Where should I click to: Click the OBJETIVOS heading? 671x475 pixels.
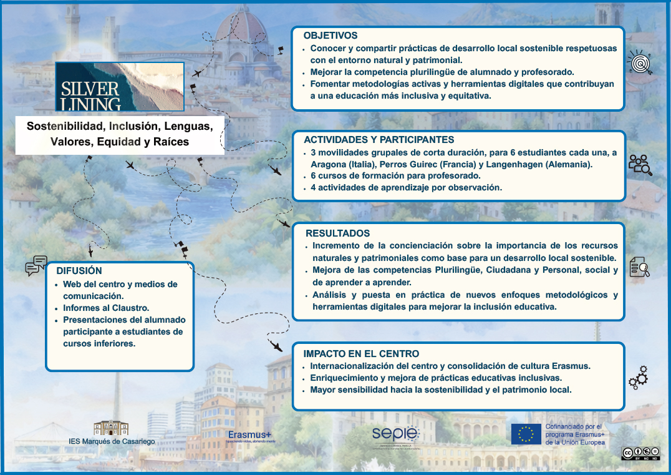point(331,36)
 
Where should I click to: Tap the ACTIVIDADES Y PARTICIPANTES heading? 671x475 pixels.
point(379,140)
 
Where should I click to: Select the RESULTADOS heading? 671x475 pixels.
point(337,233)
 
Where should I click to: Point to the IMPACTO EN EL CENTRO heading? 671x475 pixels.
point(361,354)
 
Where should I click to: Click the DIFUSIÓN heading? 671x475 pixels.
point(79,271)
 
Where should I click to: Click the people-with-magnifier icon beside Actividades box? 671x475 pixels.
point(640,165)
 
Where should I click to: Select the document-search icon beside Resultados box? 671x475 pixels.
point(640,267)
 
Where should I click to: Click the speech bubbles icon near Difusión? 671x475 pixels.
point(36,266)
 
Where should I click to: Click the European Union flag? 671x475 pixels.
point(526,434)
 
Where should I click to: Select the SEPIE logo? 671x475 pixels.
point(395,434)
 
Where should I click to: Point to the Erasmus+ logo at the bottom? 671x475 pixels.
point(250,435)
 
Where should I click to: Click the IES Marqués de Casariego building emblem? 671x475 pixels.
point(111,428)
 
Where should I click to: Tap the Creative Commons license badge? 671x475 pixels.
point(639,453)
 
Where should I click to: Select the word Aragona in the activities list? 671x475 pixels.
point(328,165)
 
